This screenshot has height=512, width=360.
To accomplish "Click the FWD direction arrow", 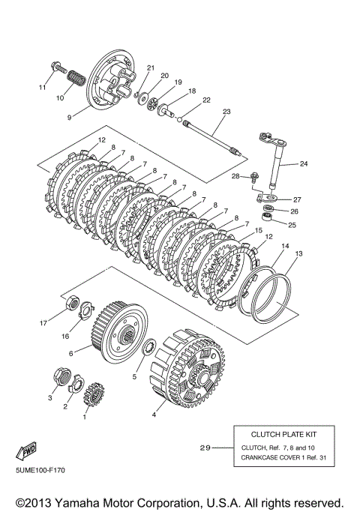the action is [25, 451].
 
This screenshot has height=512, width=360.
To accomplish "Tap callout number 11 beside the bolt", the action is [43, 87].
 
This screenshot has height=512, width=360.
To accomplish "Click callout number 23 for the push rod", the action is [226, 112].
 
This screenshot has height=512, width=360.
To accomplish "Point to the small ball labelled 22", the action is [179, 119].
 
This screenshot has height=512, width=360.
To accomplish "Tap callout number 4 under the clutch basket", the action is [154, 415].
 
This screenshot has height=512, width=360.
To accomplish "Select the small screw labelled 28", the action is [254, 177].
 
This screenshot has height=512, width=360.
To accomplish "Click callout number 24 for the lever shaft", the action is [304, 163].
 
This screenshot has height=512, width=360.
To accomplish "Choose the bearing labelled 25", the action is [267, 216].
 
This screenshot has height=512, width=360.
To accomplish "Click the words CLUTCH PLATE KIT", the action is [283, 435].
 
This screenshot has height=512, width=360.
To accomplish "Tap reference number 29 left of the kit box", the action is [205, 448].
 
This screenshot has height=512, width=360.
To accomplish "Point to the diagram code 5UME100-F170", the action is [40, 470].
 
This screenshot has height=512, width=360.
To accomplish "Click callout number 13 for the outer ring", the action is [298, 253].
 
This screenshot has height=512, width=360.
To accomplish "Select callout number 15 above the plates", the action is [258, 231].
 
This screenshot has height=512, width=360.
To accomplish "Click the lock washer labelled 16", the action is [86, 310].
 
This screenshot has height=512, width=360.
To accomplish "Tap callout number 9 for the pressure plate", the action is [69, 118].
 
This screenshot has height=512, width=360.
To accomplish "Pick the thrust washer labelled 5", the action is [151, 347].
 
